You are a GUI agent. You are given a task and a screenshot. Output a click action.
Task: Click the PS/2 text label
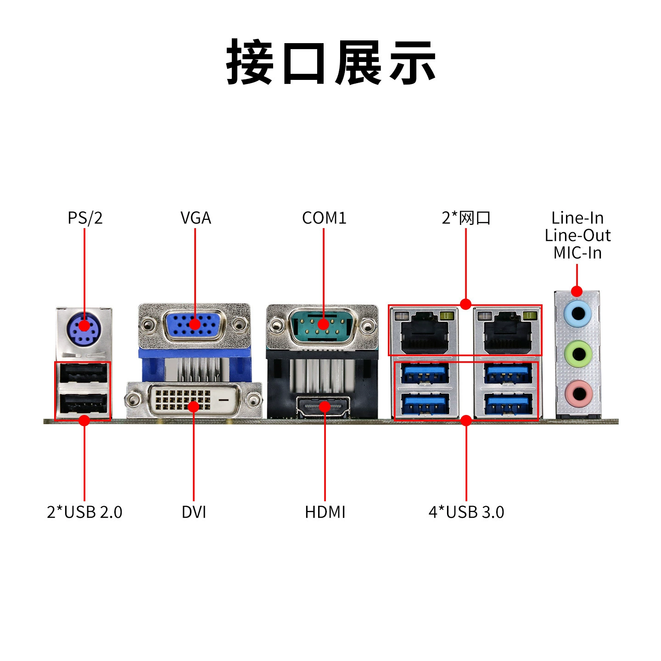(x=85, y=218)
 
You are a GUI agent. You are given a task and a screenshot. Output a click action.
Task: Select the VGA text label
(x=196, y=218)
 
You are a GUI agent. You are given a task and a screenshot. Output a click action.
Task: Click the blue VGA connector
(x=195, y=325)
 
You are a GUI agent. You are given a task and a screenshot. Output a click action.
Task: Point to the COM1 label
(x=324, y=218)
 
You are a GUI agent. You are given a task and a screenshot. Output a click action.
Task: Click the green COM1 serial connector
(x=323, y=325)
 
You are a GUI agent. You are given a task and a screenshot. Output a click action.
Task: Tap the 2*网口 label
(x=466, y=218)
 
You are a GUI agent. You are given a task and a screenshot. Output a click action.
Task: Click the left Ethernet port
(x=424, y=331)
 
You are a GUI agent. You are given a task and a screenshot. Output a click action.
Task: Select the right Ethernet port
(x=507, y=331)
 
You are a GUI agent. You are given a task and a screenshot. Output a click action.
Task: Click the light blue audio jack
(x=577, y=313)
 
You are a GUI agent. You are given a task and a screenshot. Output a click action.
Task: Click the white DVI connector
(x=193, y=399)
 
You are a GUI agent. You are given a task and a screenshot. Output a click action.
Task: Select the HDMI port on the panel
(x=323, y=407)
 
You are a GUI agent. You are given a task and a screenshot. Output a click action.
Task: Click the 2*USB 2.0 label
(x=84, y=512)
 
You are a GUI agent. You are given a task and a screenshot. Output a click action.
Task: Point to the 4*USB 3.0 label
(x=466, y=512)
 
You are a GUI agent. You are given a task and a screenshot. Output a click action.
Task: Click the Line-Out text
(x=577, y=235)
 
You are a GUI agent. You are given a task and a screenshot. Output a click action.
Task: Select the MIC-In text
(x=577, y=253)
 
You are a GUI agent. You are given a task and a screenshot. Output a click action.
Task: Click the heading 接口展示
(x=330, y=62)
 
